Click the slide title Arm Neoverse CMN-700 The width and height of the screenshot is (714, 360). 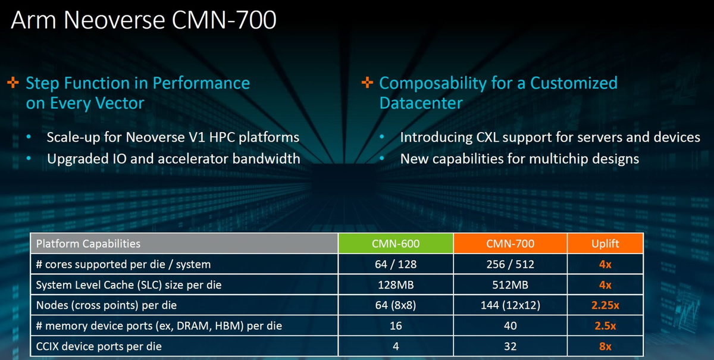coord(143,20)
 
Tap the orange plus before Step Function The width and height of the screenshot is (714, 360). coord(13,82)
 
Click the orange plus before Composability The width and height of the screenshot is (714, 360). coord(367,82)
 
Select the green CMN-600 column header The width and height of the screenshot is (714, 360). coord(396,243)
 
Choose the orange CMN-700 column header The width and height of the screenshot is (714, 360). coord(510,243)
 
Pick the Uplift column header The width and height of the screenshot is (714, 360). coord(605,243)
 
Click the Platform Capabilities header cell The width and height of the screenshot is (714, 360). coord(184,243)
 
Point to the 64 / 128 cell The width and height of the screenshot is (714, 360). coord(396,264)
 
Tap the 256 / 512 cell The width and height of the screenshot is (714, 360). coord(510,264)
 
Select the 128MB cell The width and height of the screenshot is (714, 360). coord(396,285)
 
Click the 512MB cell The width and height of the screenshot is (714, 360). coord(510,285)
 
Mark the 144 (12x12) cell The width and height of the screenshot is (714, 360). coord(510,305)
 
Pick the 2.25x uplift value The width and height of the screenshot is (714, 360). coord(605,305)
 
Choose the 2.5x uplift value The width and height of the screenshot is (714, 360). coord(605,326)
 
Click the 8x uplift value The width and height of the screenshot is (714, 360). coord(605,346)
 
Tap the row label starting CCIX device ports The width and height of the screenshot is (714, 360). coord(99,346)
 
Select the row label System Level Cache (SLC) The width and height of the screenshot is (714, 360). coord(129,285)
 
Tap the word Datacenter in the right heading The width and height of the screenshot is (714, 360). coord(421,103)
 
